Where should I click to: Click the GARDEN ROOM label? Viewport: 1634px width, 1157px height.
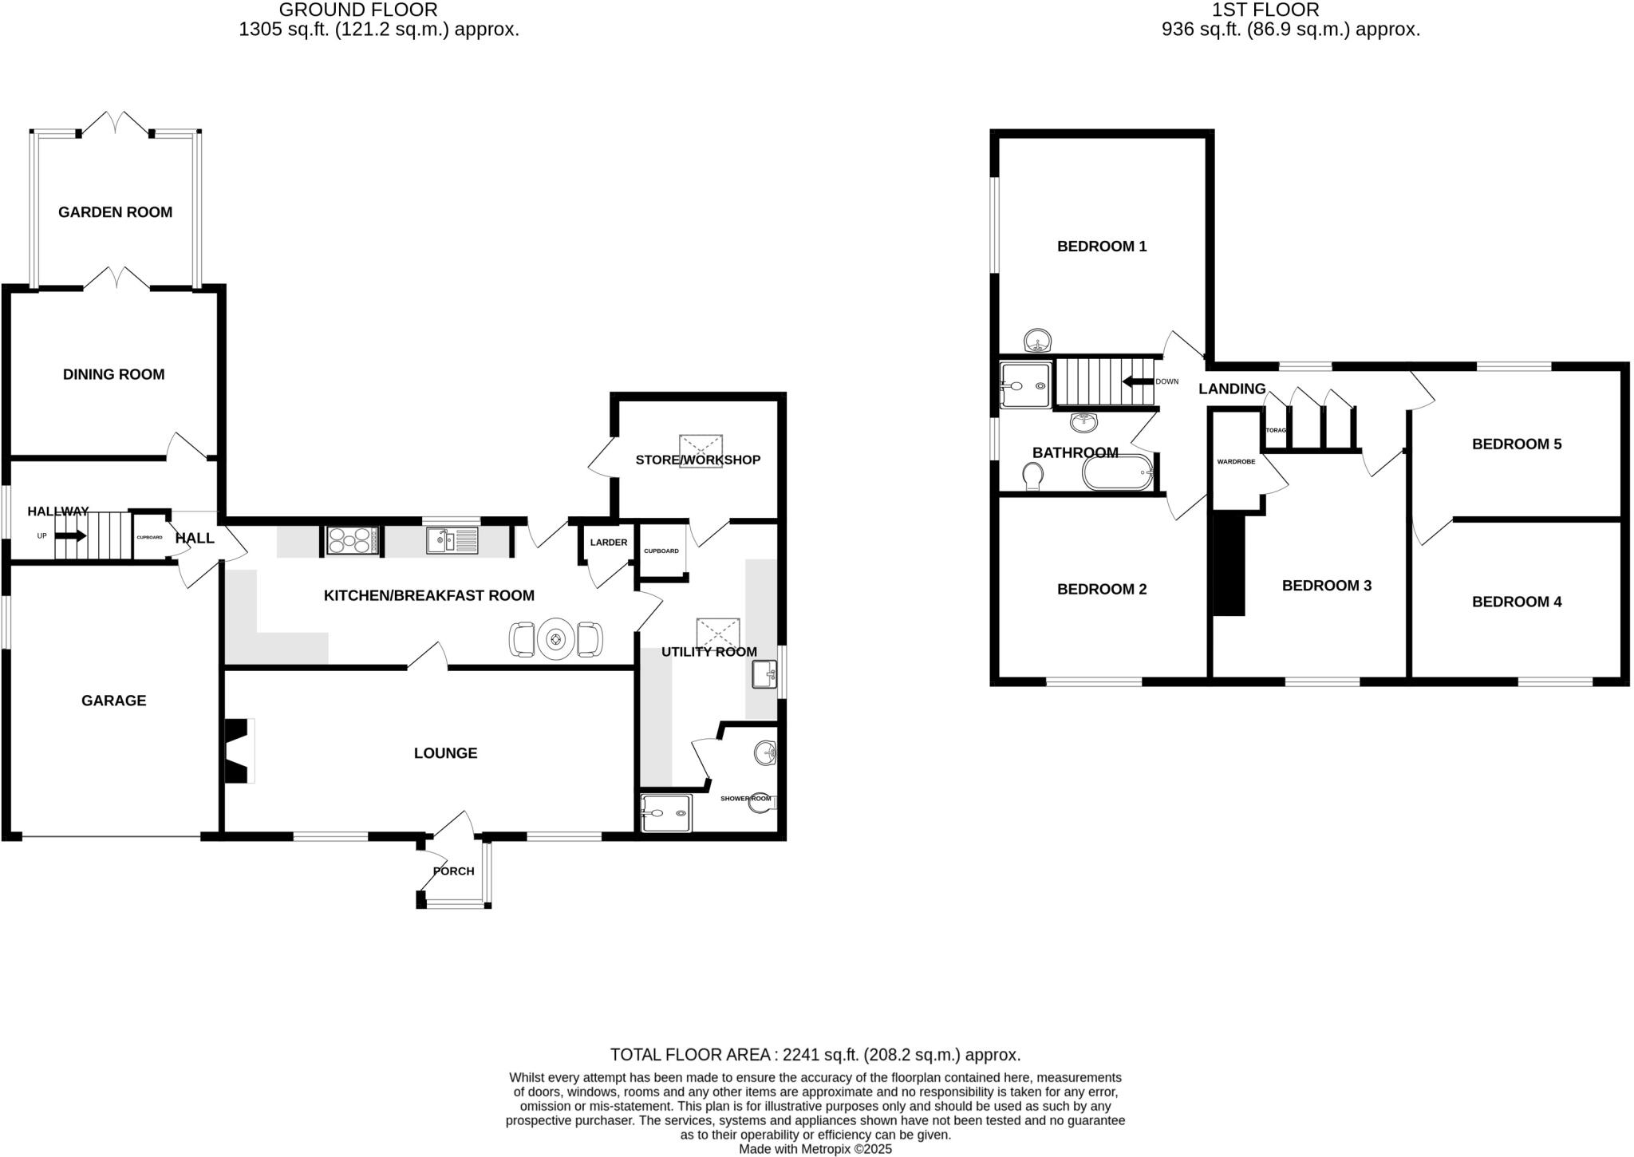pos(115,212)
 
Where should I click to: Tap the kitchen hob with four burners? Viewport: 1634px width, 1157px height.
pos(352,540)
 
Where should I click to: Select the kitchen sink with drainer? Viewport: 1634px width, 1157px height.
pos(452,540)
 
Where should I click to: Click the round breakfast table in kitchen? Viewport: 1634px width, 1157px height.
pos(555,639)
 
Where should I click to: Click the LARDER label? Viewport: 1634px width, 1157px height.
pos(608,543)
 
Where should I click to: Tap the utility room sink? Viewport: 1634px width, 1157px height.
pos(764,675)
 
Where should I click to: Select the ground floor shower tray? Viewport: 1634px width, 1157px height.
pos(665,813)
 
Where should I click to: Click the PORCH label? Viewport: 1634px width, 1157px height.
pos(453,871)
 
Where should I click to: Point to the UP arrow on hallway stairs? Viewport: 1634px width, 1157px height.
pos(70,535)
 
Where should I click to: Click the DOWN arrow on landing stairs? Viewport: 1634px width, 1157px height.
pos(1137,382)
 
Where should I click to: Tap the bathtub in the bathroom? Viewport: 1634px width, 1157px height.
pos(1118,473)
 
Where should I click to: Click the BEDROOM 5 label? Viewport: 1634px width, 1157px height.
pos(1516,444)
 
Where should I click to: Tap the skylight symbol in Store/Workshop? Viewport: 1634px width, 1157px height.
pos(701,451)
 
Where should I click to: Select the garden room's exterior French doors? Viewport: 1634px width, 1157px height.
pos(116,124)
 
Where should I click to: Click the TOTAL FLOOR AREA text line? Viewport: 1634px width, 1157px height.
pos(815,1055)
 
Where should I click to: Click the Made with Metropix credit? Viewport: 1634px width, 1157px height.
pos(815,1150)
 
